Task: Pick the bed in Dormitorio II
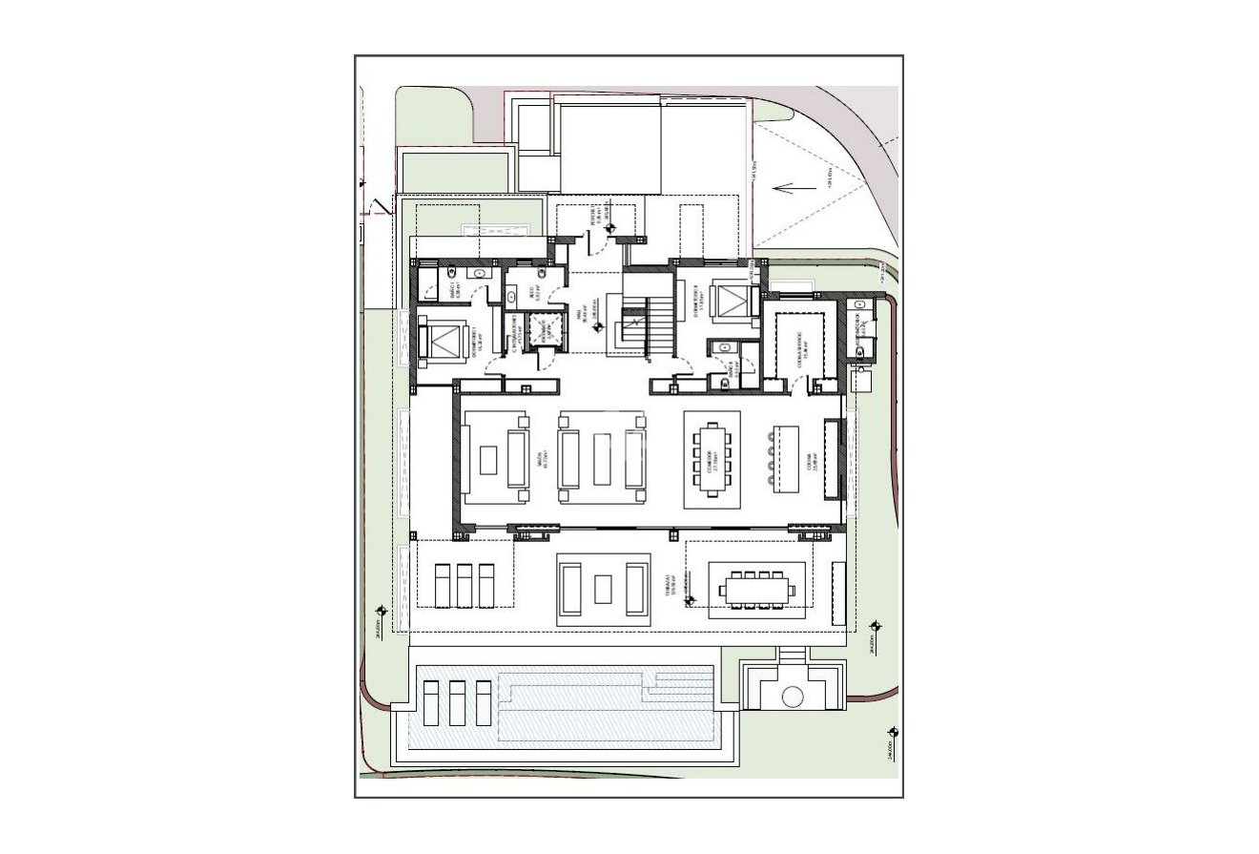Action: [727, 299]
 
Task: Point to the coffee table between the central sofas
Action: [602, 461]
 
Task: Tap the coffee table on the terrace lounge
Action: [603, 589]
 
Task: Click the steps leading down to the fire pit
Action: [792, 656]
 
